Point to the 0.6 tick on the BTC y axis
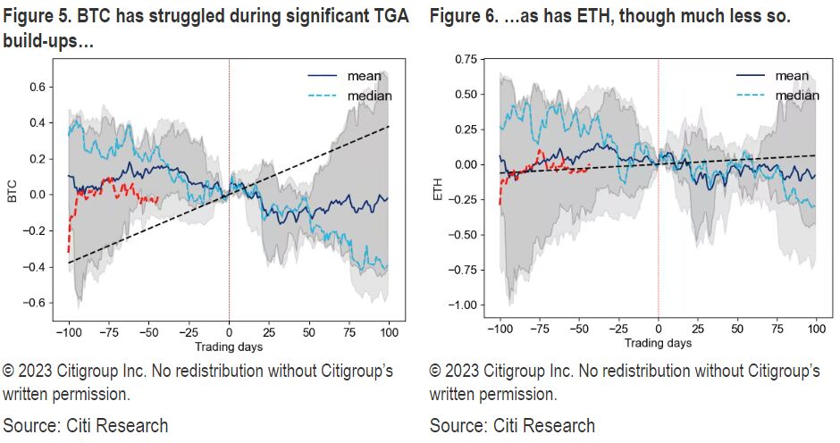click(38, 87)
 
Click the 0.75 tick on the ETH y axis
click(464, 60)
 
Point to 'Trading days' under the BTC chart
click(228, 346)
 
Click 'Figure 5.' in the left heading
click(35, 16)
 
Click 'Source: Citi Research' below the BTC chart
click(86, 424)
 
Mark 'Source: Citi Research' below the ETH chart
click(512, 424)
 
